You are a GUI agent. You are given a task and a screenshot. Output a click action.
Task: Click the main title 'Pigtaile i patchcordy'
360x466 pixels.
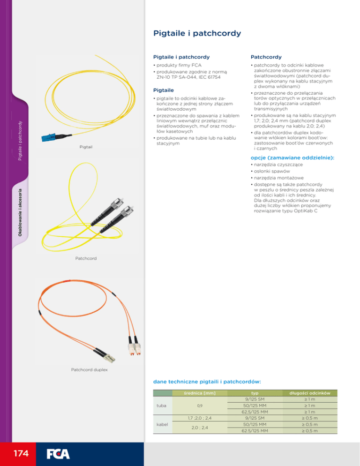tap(197, 33)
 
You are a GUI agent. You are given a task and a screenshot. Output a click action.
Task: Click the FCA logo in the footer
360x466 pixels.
tap(58, 454)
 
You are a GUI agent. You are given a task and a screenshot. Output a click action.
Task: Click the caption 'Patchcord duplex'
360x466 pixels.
tap(89, 369)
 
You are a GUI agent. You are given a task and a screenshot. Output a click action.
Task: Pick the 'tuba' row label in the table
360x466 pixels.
tap(160, 406)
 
